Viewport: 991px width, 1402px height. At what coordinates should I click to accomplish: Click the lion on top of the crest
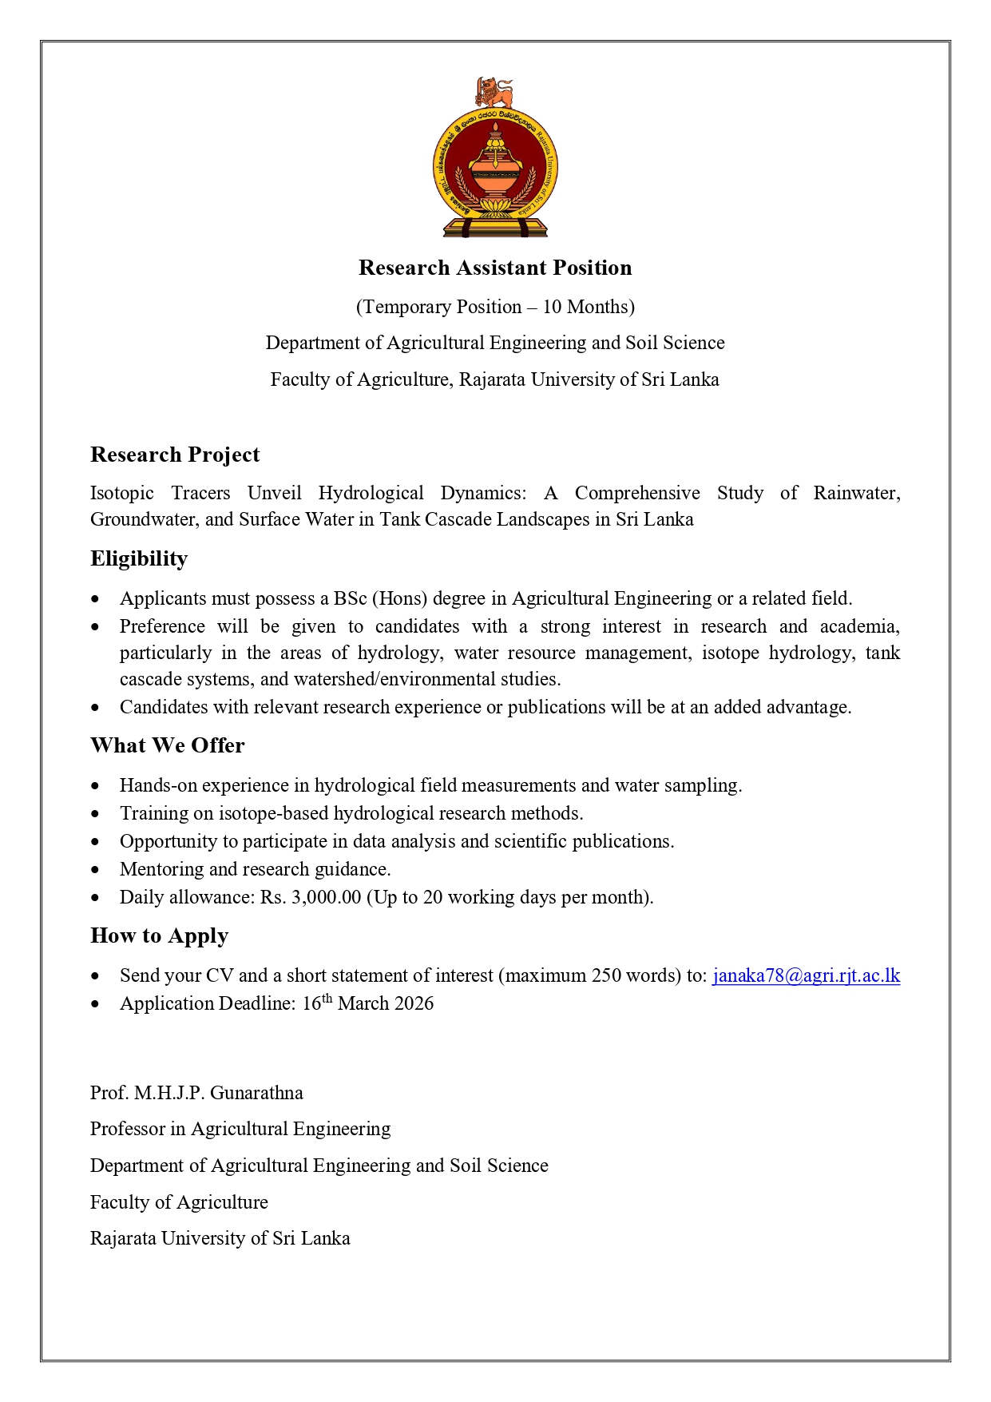click(494, 92)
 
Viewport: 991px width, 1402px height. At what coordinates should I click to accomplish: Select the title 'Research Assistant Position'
click(495, 268)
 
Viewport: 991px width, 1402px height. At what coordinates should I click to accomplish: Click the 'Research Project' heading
click(175, 455)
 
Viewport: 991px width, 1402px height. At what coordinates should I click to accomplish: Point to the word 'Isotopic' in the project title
click(121, 493)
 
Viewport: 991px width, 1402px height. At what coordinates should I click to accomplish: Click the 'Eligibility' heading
click(139, 558)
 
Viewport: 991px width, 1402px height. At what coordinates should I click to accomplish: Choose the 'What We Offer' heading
click(168, 745)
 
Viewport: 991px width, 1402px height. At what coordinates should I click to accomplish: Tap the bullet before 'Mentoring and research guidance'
click(96, 870)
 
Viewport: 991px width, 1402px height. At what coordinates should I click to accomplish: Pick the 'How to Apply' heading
click(160, 935)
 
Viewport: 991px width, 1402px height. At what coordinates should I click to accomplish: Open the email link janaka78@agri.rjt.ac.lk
click(806, 975)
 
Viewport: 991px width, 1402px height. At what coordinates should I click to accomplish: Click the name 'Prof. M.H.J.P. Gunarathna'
click(196, 1093)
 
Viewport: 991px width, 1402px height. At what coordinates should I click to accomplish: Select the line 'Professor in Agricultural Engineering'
click(240, 1129)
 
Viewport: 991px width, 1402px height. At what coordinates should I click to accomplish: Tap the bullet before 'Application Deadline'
click(96, 1004)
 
